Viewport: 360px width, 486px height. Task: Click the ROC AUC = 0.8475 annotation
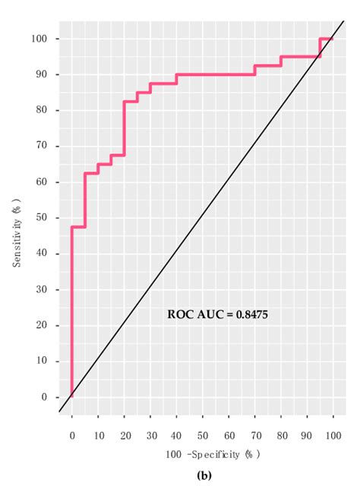coord(217,313)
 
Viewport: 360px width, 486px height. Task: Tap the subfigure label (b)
coord(203,475)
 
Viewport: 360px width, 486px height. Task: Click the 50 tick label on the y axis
coord(49,218)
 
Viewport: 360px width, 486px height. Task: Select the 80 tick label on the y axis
coord(49,110)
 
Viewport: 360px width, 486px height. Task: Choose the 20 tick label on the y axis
coord(49,325)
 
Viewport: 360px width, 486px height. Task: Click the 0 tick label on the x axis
coord(71,436)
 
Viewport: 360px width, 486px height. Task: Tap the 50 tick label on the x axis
coord(202,436)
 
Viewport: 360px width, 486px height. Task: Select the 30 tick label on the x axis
coord(150,436)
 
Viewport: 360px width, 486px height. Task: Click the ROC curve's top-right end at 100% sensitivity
coord(332,39)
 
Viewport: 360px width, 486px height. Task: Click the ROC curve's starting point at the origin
coord(71,396)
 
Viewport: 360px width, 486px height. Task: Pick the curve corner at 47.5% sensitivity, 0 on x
coord(72,227)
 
